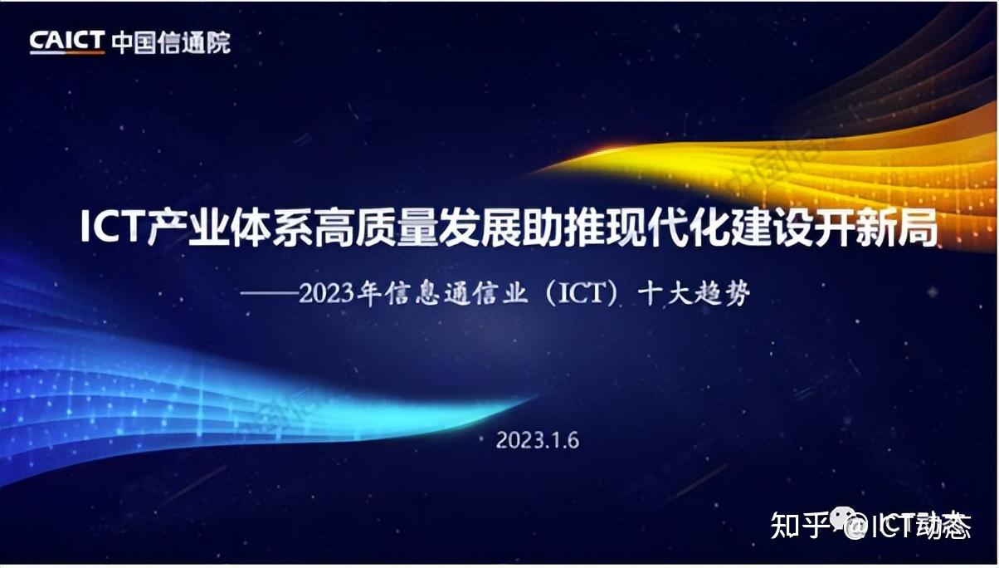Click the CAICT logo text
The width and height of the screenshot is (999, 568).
(67, 42)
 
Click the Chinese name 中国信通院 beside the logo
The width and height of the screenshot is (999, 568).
(171, 42)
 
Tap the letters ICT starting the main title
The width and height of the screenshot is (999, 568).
(113, 228)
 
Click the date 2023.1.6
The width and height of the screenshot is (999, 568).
(537, 439)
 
